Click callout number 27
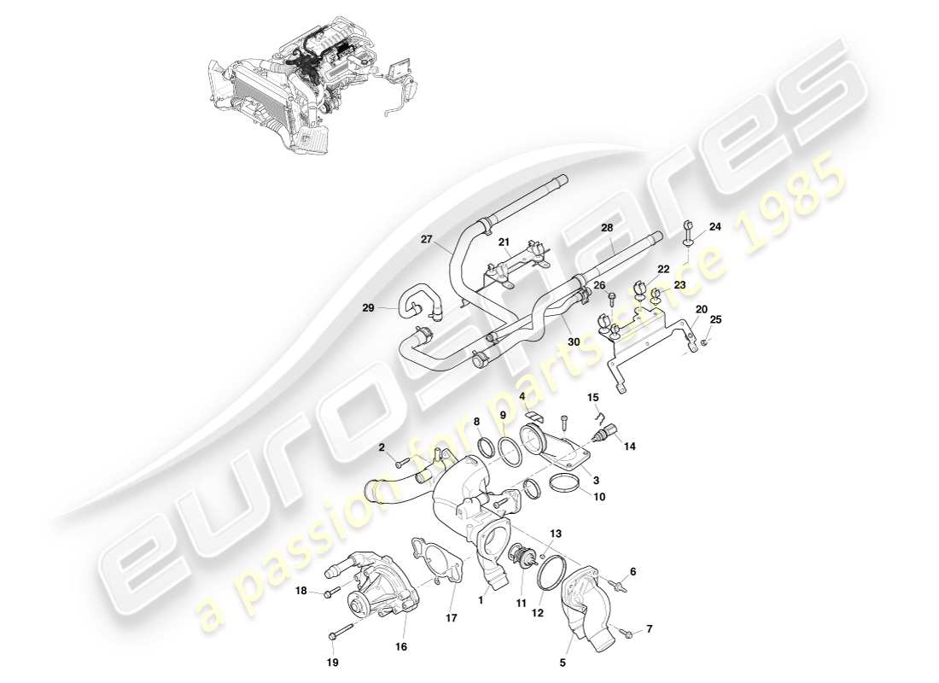tap(428, 240)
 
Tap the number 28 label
tap(607, 228)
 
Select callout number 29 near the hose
tap(368, 307)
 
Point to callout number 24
tap(715, 227)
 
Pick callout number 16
tap(400, 646)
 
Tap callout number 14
tap(631, 446)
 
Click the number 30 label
tap(574, 341)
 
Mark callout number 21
tap(504, 242)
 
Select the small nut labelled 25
tap(703, 343)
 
